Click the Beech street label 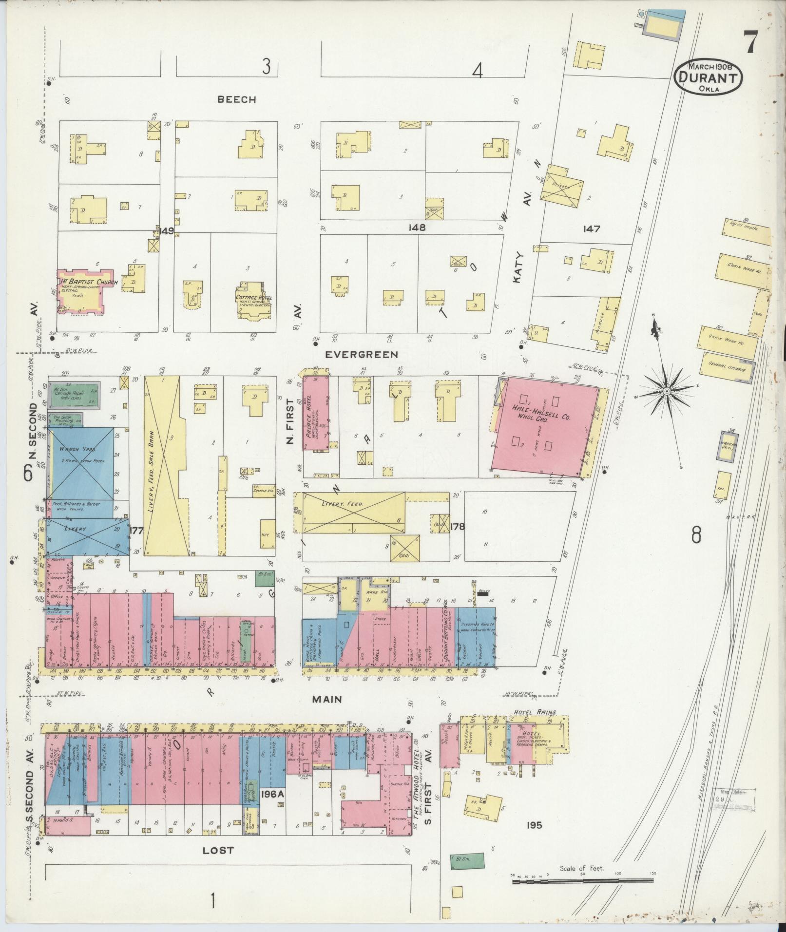click(236, 99)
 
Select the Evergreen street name click(362, 354)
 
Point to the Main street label click(327, 699)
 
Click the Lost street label click(218, 851)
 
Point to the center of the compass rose click(666, 391)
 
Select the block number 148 click(418, 227)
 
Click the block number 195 click(535, 825)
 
